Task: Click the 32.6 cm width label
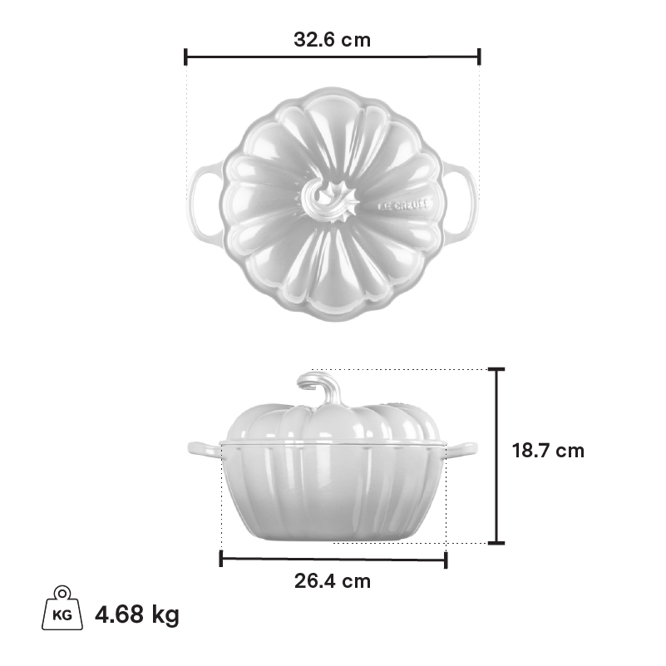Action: (x=332, y=40)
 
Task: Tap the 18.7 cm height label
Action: (x=548, y=451)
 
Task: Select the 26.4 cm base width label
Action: (x=333, y=581)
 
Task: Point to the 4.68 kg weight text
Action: (x=136, y=614)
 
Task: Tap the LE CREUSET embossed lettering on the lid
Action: (x=403, y=205)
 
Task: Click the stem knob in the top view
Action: (x=330, y=200)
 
